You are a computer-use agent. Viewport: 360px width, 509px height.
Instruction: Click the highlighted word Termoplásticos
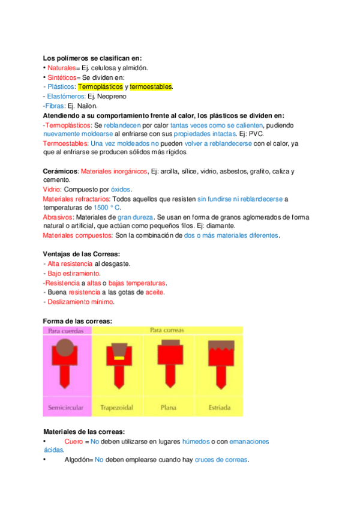[x=100, y=87]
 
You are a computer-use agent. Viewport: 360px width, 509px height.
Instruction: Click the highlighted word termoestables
[x=151, y=87]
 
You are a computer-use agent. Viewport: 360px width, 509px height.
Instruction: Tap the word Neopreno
[x=111, y=97]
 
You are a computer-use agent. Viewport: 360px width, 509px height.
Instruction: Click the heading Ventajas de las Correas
[x=82, y=254]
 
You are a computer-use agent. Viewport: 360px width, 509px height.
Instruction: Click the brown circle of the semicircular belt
[x=65, y=347]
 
